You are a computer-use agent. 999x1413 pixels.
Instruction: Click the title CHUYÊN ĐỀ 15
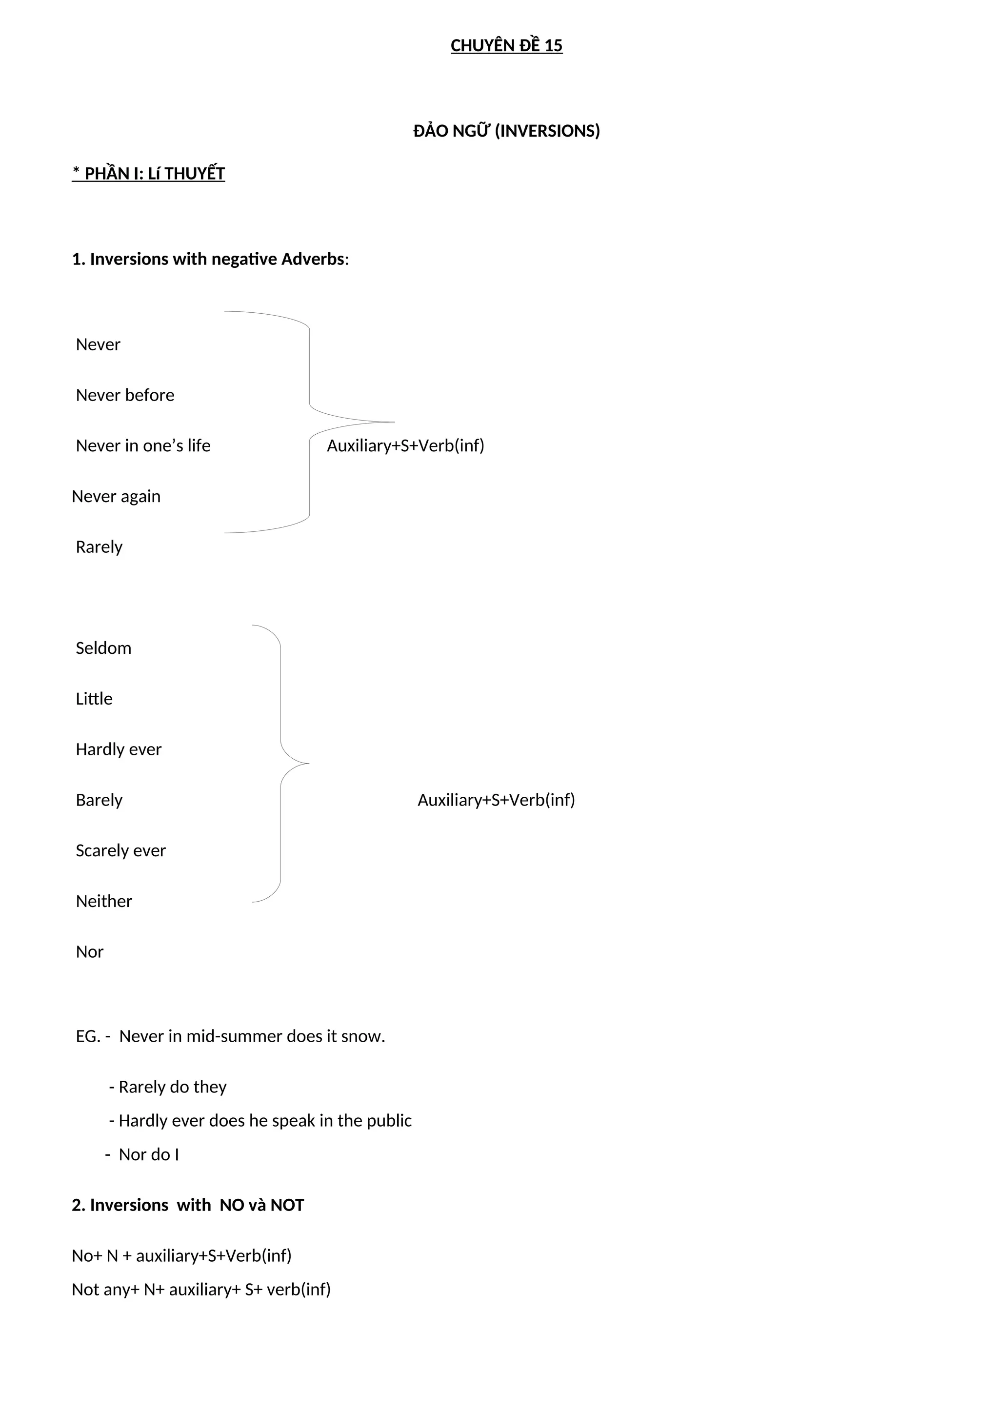pyautogui.click(x=506, y=45)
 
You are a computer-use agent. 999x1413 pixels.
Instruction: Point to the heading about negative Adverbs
pyautogui.click(x=210, y=259)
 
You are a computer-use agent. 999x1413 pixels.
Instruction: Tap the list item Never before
pyautogui.click(x=125, y=395)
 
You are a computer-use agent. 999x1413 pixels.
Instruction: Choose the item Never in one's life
pyautogui.click(x=143, y=445)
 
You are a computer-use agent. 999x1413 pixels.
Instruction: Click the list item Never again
pyautogui.click(x=116, y=496)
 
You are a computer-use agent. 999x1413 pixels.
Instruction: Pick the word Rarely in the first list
pyautogui.click(x=99, y=546)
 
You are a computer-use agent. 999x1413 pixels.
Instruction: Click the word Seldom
pyautogui.click(x=103, y=648)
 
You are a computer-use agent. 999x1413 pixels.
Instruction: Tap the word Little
pyautogui.click(x=94, y=699)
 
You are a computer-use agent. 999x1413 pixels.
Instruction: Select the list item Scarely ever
pyautogui.click(x=120, y=850)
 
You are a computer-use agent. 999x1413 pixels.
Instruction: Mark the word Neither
pyautogui.click(x=104, y=901)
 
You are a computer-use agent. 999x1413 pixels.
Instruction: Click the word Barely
pyautogui.click(x=99, y=800)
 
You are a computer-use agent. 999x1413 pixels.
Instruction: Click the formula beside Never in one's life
pyautogui.click(x=405, y=445)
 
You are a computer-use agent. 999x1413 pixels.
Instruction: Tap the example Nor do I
pyautogui.click(x=148, y=1154)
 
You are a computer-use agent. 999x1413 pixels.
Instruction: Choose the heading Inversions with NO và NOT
pyautogui.click(x=188, y=1205)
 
